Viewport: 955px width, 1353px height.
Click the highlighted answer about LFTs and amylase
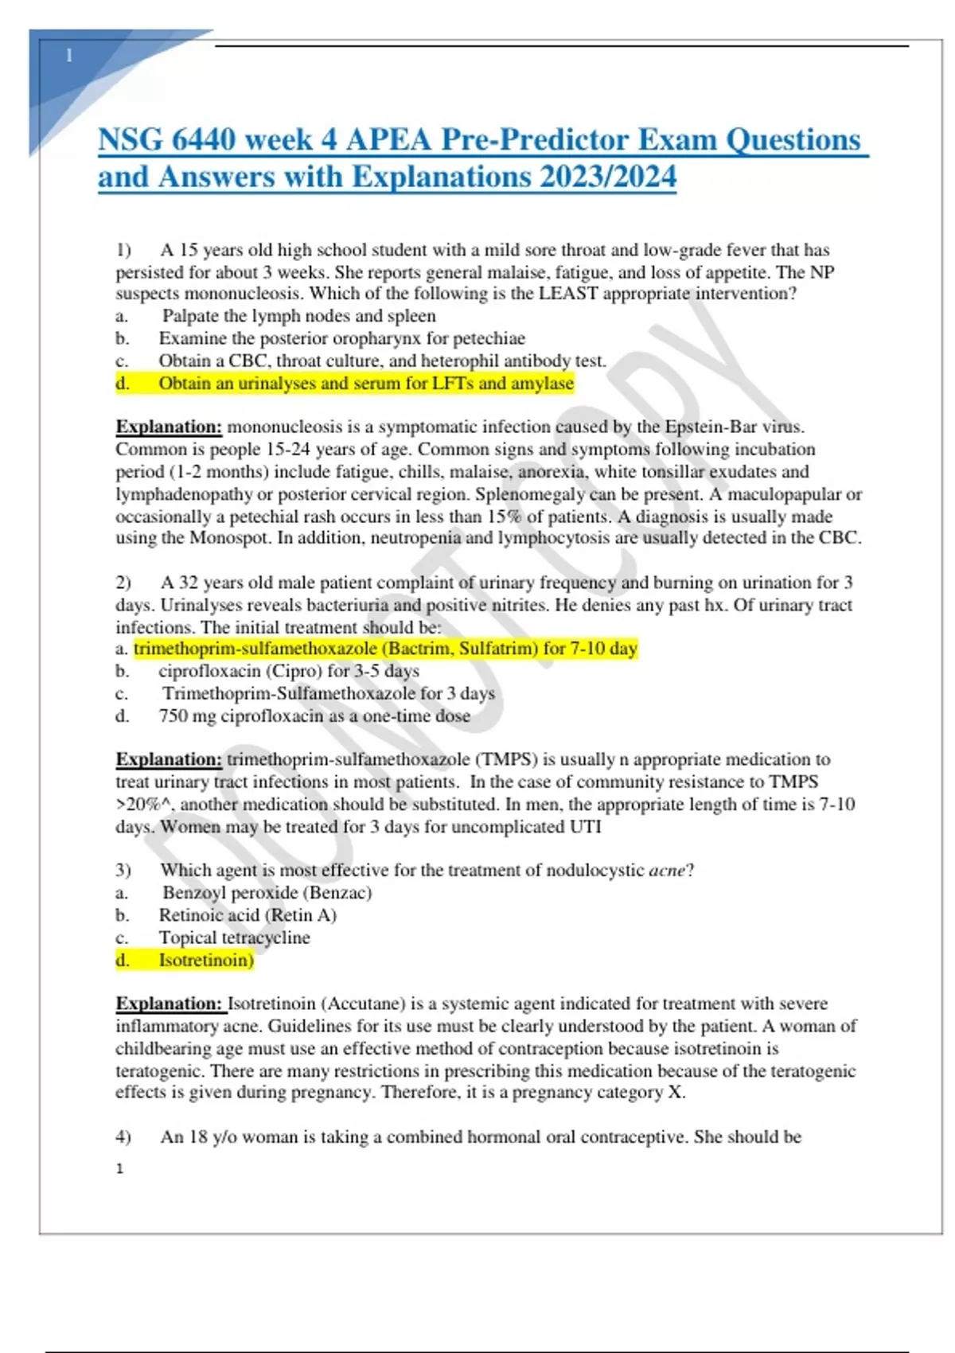point(365,384)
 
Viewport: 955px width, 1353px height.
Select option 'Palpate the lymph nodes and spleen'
point(298,316)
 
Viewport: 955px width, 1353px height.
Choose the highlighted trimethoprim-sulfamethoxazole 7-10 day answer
point(385,649)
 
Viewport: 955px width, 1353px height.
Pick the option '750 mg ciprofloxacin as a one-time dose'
point(314,716)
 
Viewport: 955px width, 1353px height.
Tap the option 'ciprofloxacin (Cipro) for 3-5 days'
point(288,671)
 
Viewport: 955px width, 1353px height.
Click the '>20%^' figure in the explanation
point(145,805)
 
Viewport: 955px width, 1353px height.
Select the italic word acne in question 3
point(667,871)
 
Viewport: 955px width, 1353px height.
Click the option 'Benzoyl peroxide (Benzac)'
point(267,893)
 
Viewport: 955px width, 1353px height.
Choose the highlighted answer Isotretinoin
point(205,961)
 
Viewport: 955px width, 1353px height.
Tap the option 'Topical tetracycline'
point(234,938)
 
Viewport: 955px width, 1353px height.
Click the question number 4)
point(123,1137)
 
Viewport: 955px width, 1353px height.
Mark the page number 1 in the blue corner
point(69,56)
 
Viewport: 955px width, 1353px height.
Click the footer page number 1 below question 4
point(119,1168)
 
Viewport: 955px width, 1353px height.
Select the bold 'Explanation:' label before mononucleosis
point(169,427)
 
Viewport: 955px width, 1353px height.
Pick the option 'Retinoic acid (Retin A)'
point(248,915)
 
